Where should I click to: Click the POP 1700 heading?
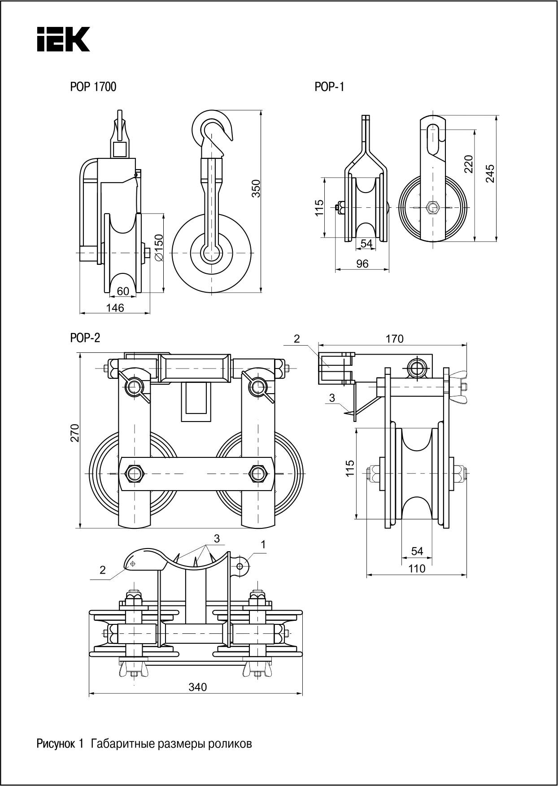[93, 87]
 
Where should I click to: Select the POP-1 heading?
[329, 87]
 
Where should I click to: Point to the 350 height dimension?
[256, 189]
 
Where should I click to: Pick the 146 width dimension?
[115, 308]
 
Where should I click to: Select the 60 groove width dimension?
[123, 291]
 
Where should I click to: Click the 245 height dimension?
[490, 173]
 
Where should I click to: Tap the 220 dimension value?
[468, 164]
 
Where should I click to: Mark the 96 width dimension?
[362, 264]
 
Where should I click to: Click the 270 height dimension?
[75, 432]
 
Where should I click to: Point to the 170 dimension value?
[394, 338]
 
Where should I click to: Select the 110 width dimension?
[417, 569]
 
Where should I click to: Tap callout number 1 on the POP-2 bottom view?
[263, 544]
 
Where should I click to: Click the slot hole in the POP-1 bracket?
[433, 139]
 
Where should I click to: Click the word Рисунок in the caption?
[57, 744]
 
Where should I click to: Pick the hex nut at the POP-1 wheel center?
[432, 207]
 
